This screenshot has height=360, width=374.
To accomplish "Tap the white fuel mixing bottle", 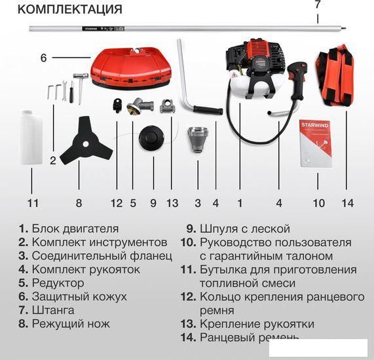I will tap(31, 137).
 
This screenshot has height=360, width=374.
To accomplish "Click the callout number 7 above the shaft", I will tap(318, 5).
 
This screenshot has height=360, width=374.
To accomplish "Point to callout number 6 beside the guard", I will tap(44, 58).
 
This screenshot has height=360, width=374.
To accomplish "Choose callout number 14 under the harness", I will tap(348, 203).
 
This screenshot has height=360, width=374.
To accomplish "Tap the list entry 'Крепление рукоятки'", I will tap(256, 323).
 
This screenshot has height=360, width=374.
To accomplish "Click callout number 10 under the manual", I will tap(318, 203).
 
